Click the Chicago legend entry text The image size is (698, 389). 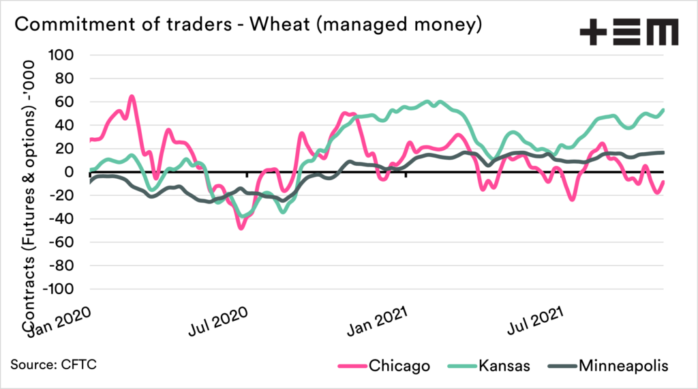pos(399,366)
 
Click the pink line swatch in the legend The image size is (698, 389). pos(352,366)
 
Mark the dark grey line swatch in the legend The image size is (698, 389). pos(562,366)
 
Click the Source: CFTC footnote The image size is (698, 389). pos(53,364)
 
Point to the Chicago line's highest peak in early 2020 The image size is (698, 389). pos(132,96)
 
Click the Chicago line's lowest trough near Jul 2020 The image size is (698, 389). pos(241,228)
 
